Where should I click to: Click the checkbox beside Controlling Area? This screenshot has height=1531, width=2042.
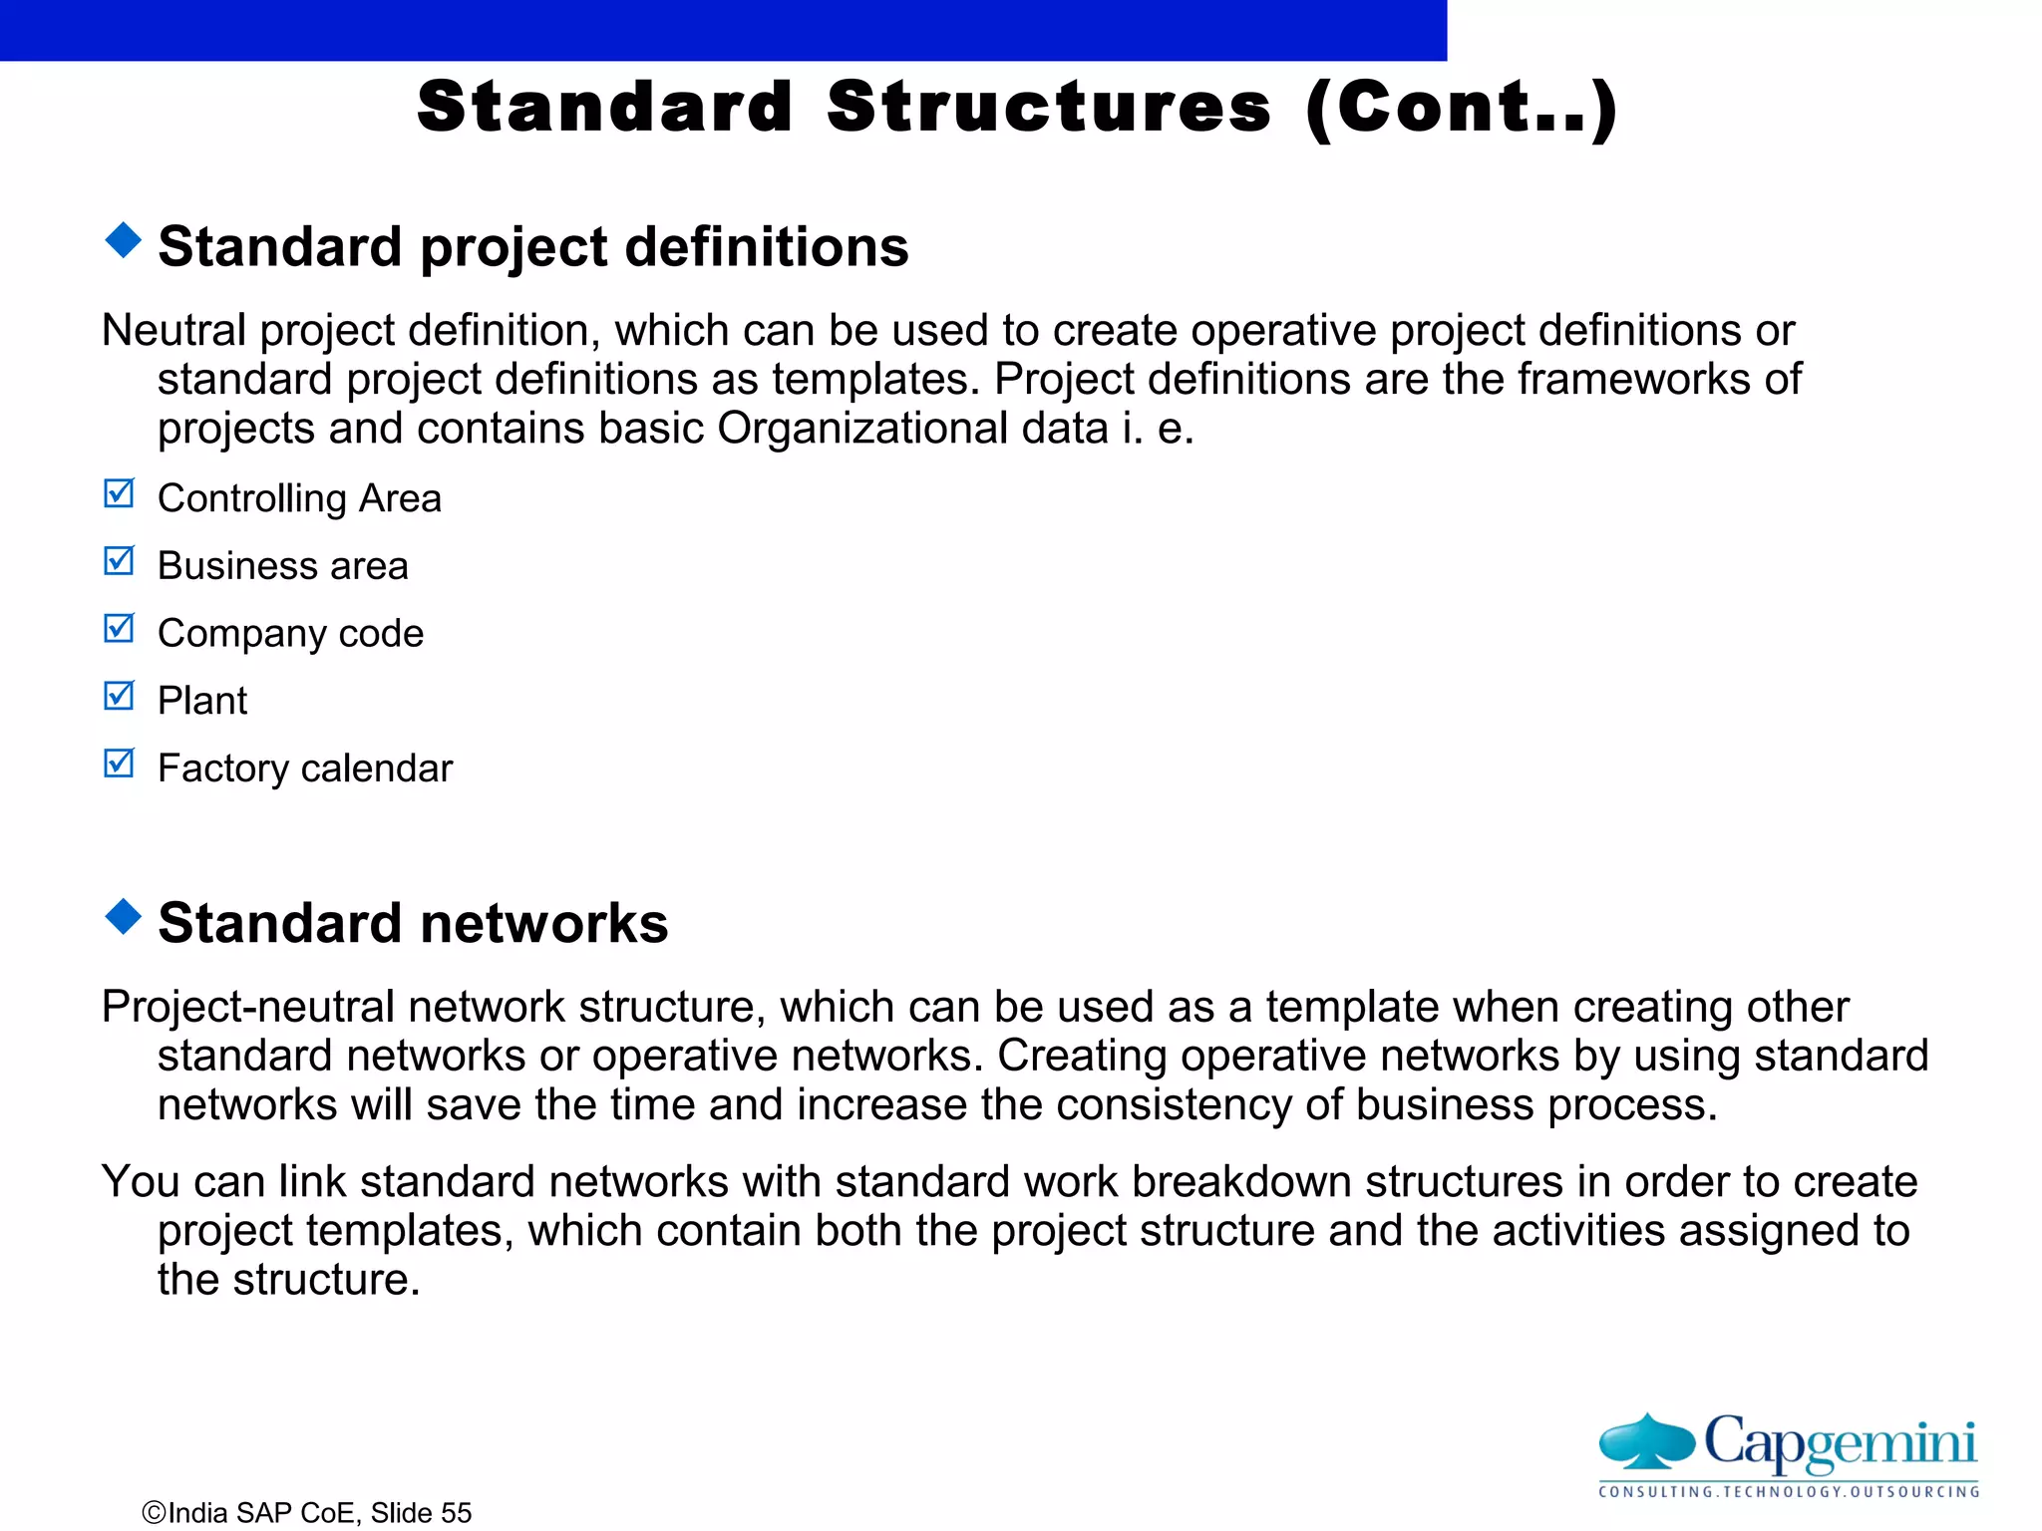coord(119,493)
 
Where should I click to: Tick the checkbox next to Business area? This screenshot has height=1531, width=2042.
coord(119,561)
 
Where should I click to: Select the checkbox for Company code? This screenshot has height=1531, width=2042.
coord(119,629)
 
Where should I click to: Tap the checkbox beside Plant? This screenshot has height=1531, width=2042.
coord(119,696)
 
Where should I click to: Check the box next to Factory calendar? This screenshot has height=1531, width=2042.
coord(119,764)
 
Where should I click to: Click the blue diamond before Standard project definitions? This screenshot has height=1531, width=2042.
coord(123,240)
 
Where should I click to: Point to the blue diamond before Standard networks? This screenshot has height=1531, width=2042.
coord(123,916)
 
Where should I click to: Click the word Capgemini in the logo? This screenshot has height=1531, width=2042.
coord(1840,1442)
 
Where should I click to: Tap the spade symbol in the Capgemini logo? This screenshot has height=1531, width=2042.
coord(1646,1441)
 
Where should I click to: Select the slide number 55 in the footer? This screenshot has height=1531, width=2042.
coord(457,1513)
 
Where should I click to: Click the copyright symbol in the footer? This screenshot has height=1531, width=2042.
coord(154,1513)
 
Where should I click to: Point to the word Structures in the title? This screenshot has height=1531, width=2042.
coord(1049,107)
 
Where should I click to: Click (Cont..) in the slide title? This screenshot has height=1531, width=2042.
coord(1462,109)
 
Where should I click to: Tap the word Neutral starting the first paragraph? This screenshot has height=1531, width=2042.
coord(174,330)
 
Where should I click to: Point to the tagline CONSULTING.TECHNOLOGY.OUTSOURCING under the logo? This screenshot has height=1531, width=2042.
coord(1789,1492)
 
